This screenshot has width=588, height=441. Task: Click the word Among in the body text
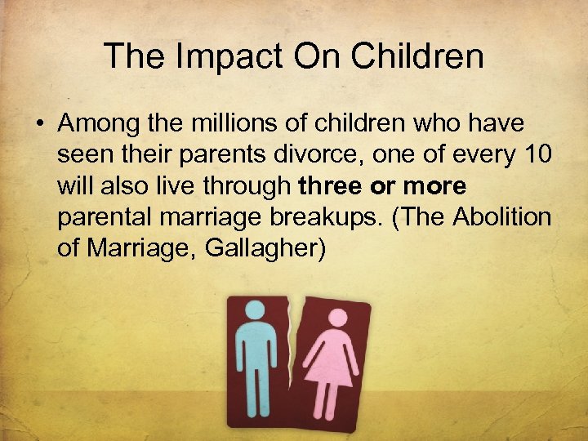coord(97,124)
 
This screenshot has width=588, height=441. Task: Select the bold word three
coord(330,186)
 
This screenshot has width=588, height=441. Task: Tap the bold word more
coord(435,186)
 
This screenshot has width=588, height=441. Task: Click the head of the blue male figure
coord(256,310)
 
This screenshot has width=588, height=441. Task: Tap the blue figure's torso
coord(256,350)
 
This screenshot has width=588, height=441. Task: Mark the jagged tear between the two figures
coord(296,359)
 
